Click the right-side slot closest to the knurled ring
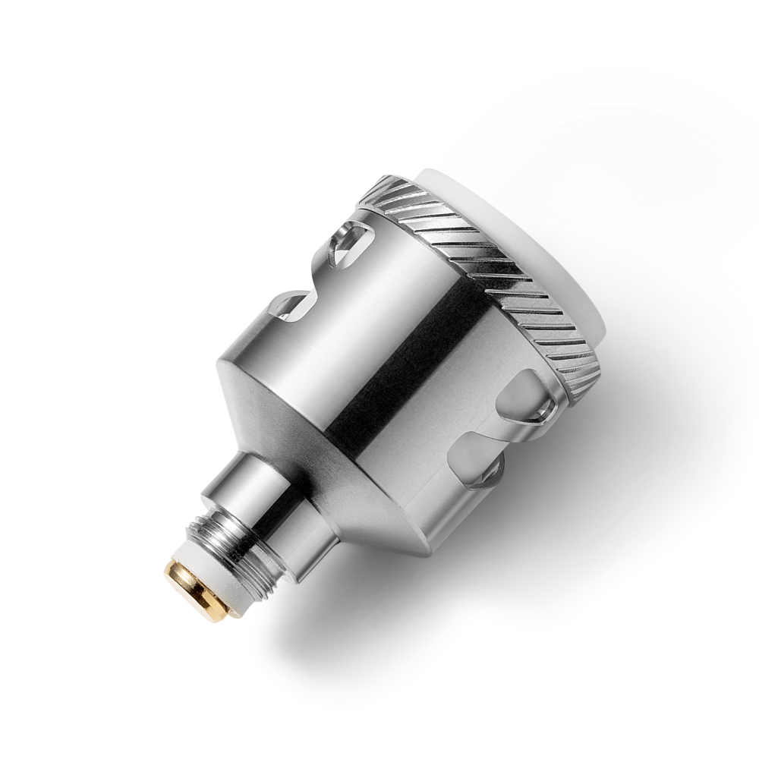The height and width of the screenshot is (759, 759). (x=535, y=395)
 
